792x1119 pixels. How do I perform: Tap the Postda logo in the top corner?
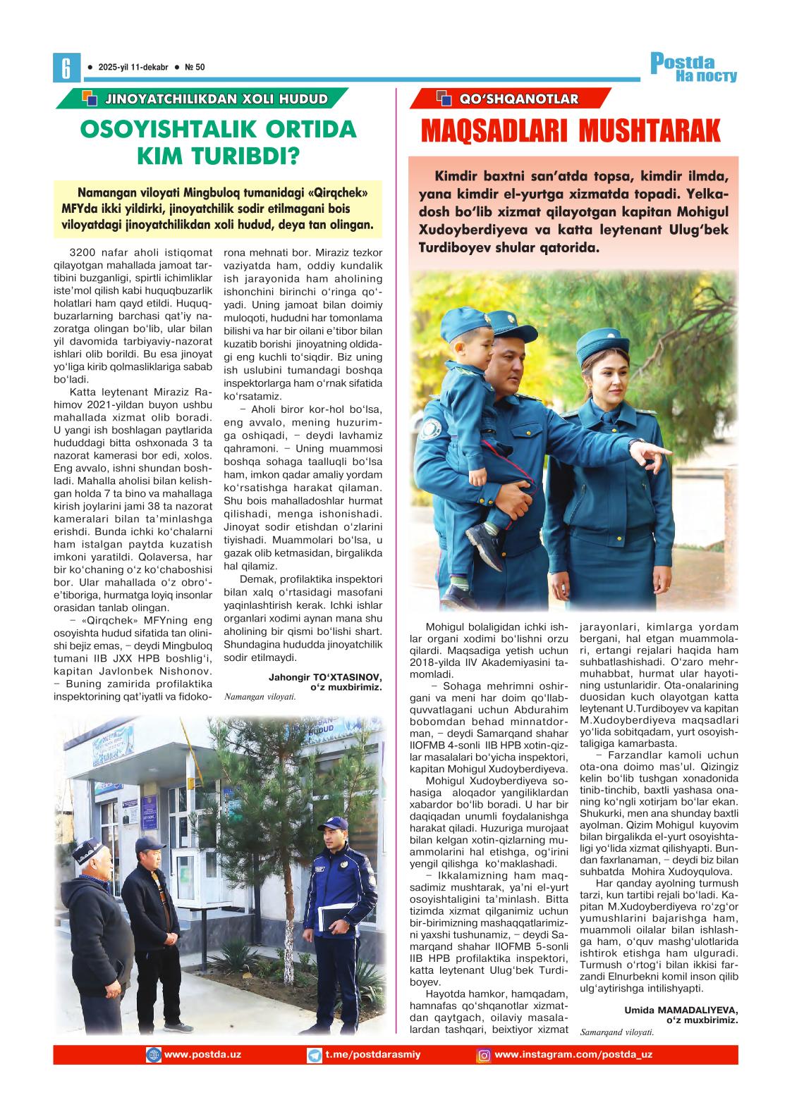pyautogui.click(x=693, y=67)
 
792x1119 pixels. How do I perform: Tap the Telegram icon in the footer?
pyautogui.click(x=315, y=1055)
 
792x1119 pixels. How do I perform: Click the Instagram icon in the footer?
pyautogui.click(x=485, y=1055)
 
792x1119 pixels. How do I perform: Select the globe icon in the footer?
pyautogui.click(x=153, y=1055)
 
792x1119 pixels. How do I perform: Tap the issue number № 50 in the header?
pyautogui.click(x=194, y=67)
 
